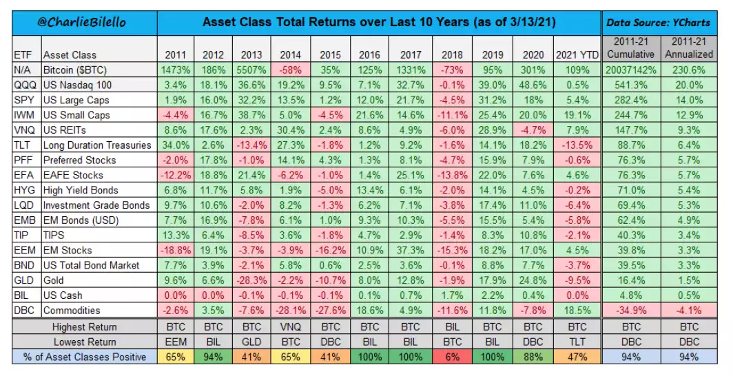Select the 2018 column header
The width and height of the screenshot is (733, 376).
point(446,55)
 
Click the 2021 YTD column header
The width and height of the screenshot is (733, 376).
point(575,55)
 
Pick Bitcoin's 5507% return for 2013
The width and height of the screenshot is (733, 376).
point(249,70)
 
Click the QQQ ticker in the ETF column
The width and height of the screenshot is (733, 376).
point(23,85)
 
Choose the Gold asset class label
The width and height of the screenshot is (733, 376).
point(55,280)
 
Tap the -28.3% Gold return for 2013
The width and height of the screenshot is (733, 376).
point(249,280)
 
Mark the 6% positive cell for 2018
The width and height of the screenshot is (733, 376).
point(446,357)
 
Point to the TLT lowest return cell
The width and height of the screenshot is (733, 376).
point(575,342)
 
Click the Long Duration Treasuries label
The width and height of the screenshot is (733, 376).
point(96,145)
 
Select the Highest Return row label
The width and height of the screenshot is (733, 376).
point(85,327)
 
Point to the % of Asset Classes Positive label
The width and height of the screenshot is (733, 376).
point(85,357)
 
